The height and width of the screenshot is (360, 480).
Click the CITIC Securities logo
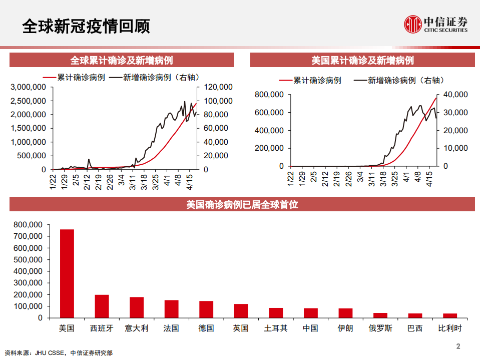click(x=435, y=24)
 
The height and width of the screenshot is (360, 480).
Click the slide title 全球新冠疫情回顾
click(x=86, y=26)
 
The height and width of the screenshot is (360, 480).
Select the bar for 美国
click(x=67, y=273)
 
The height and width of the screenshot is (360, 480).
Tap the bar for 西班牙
click(x=102, y=306)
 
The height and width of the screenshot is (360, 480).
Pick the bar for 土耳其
click(x=276, y=312)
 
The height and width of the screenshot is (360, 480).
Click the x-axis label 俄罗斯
click(x=380, y=328)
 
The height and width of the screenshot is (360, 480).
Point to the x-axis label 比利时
click(x=449, y=328)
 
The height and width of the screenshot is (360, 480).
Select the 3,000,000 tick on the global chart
click(x=29, y=87)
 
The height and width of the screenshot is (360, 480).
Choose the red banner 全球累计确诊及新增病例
click(x=122, y=61)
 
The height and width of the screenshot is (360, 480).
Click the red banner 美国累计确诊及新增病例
click(x=362, y=61)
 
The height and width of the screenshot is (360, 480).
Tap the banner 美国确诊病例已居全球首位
click(x=242, y=204)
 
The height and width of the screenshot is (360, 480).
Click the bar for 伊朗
click(x=345, y=312)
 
